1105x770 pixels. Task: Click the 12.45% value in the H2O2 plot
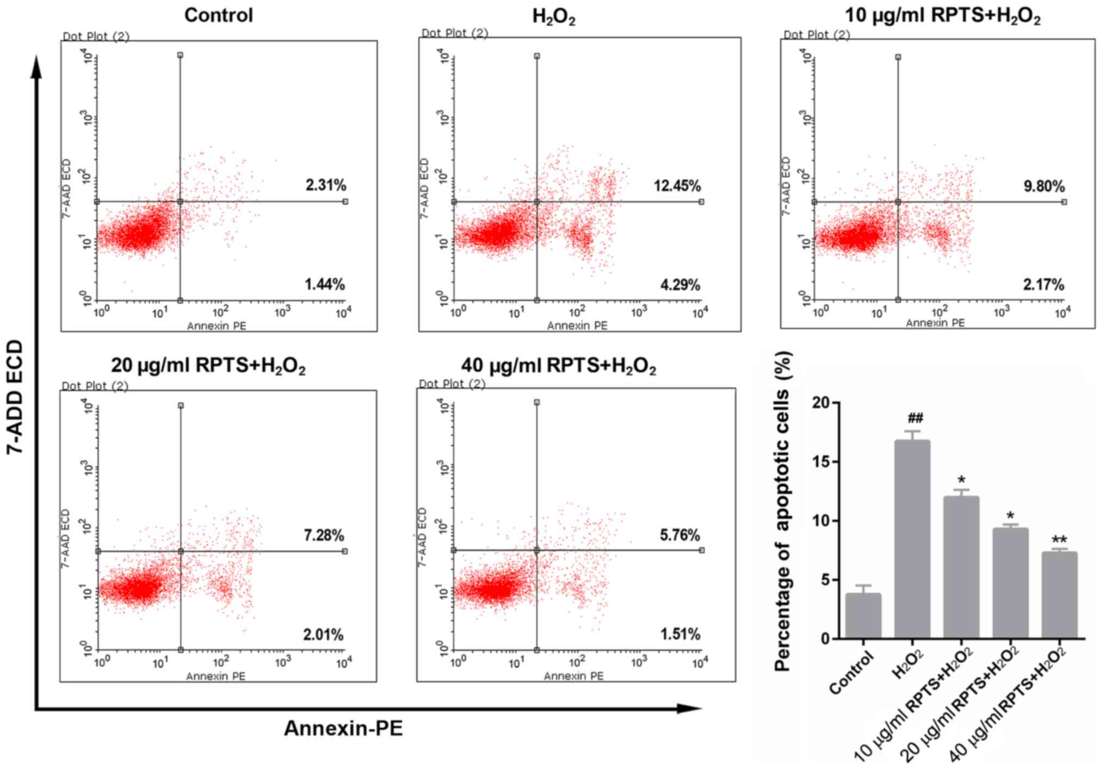pyautogui.click(x=677, y=186)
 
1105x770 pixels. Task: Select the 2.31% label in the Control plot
pyautogui.click(x=325, y=186)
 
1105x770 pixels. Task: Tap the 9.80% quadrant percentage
pyautogui.click(x=1044, y=187)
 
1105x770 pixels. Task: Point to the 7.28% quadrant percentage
pyautogui.click(x=324, y=535)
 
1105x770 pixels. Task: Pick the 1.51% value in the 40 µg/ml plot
pyautogui.click(x=680, y=635)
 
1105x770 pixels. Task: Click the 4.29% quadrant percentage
pyautogui.click(x=680, y=285)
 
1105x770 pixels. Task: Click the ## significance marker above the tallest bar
pyautogui.click(x=915, y=418)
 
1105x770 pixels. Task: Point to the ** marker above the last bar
pyautogui.click(x=1059, y=540)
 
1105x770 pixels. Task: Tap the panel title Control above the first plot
pyautogui.click(x=219, y=15)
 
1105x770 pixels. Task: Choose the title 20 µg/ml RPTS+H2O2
pyautogui.click(x=208, y=366)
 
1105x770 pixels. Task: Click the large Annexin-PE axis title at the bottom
pyautogui.click(x=343, y=728)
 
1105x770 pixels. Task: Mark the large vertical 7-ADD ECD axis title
pyautogui.click(x=16, y=397)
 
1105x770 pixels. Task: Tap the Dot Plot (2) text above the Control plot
pyautogui.click(x=96, y=36)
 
